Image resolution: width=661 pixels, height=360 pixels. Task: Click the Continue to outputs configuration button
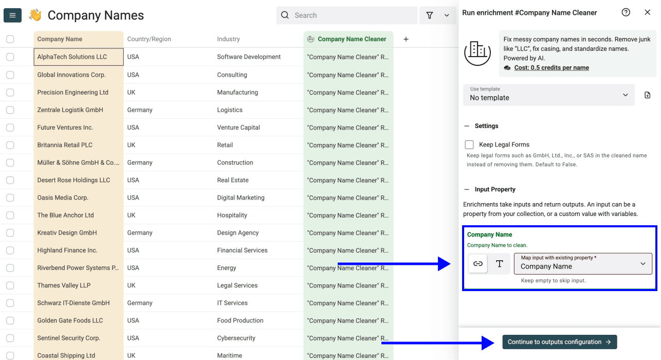[559, 342]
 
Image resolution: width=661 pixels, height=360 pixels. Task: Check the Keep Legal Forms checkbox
[469, 145]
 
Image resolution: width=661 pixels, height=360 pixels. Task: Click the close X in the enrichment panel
[648, 12]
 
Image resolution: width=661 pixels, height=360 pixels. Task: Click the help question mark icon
[626, 12]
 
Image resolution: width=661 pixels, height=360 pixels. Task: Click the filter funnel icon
[430, 15]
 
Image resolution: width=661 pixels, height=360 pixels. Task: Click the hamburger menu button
[12, 15]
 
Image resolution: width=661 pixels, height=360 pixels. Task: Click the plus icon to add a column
[406, 39]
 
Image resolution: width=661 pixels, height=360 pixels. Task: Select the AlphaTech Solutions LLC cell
[78, 57]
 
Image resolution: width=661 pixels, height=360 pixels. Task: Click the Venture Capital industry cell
[238, 128]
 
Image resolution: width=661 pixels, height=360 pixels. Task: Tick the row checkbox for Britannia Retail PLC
[10, 145]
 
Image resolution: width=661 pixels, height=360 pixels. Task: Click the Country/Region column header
[149, 39]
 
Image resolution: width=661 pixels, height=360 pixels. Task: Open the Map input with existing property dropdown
[583, 264]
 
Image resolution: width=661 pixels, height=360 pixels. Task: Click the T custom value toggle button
[499, 264]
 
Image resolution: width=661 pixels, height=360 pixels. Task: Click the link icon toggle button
[478, 264]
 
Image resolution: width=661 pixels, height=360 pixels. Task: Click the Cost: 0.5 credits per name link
[551, 67]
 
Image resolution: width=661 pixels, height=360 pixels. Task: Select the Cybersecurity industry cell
[236, 338]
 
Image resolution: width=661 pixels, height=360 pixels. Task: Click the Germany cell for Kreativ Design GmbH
[140, 233]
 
